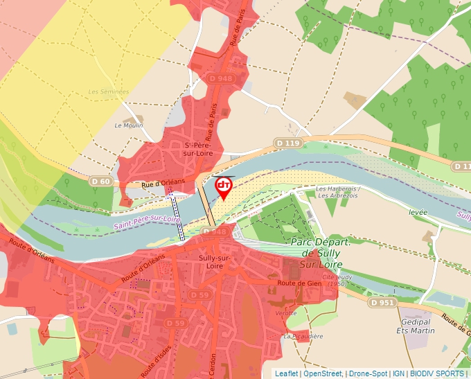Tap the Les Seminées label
coord(109,91)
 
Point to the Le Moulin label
coord(128,125)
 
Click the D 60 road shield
coord(101,181)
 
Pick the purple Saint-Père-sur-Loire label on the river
coord(146,223)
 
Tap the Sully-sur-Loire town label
coord(215,261)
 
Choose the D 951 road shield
coord(382,303)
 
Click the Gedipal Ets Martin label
coord(418,326)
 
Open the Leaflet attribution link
coord(286,373)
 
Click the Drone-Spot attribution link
coord(368,373)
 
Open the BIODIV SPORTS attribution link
coord(437,373)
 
